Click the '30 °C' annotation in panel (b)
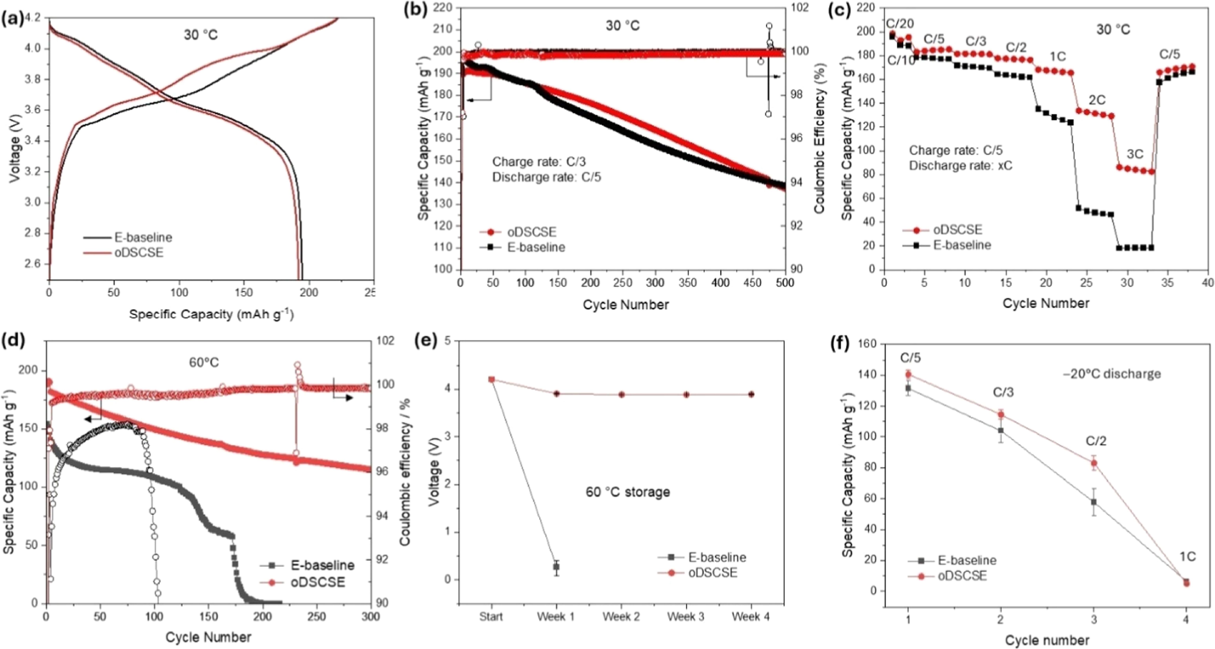click(623, 26)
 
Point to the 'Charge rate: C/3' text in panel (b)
click(539, 162)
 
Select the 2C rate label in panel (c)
click(1097, 100)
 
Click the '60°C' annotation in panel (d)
click(204, 362)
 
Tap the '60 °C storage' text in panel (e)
click(628, 492)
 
